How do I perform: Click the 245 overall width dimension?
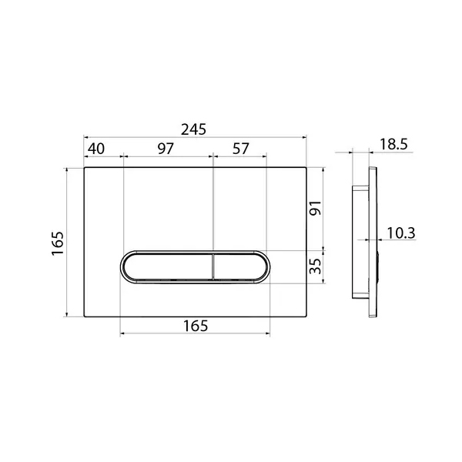pos(193,129)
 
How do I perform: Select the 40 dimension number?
pos(96,149)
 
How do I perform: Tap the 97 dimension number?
pos(166,149)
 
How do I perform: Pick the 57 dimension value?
pos(241,149)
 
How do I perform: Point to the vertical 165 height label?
pos(58,243)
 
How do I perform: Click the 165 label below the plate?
pos(196,326)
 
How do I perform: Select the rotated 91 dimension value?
pos(315,208)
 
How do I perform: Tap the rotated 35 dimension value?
pos(315,266)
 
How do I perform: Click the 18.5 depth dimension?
pos(393,145)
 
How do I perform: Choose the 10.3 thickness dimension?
pos(400,233)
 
